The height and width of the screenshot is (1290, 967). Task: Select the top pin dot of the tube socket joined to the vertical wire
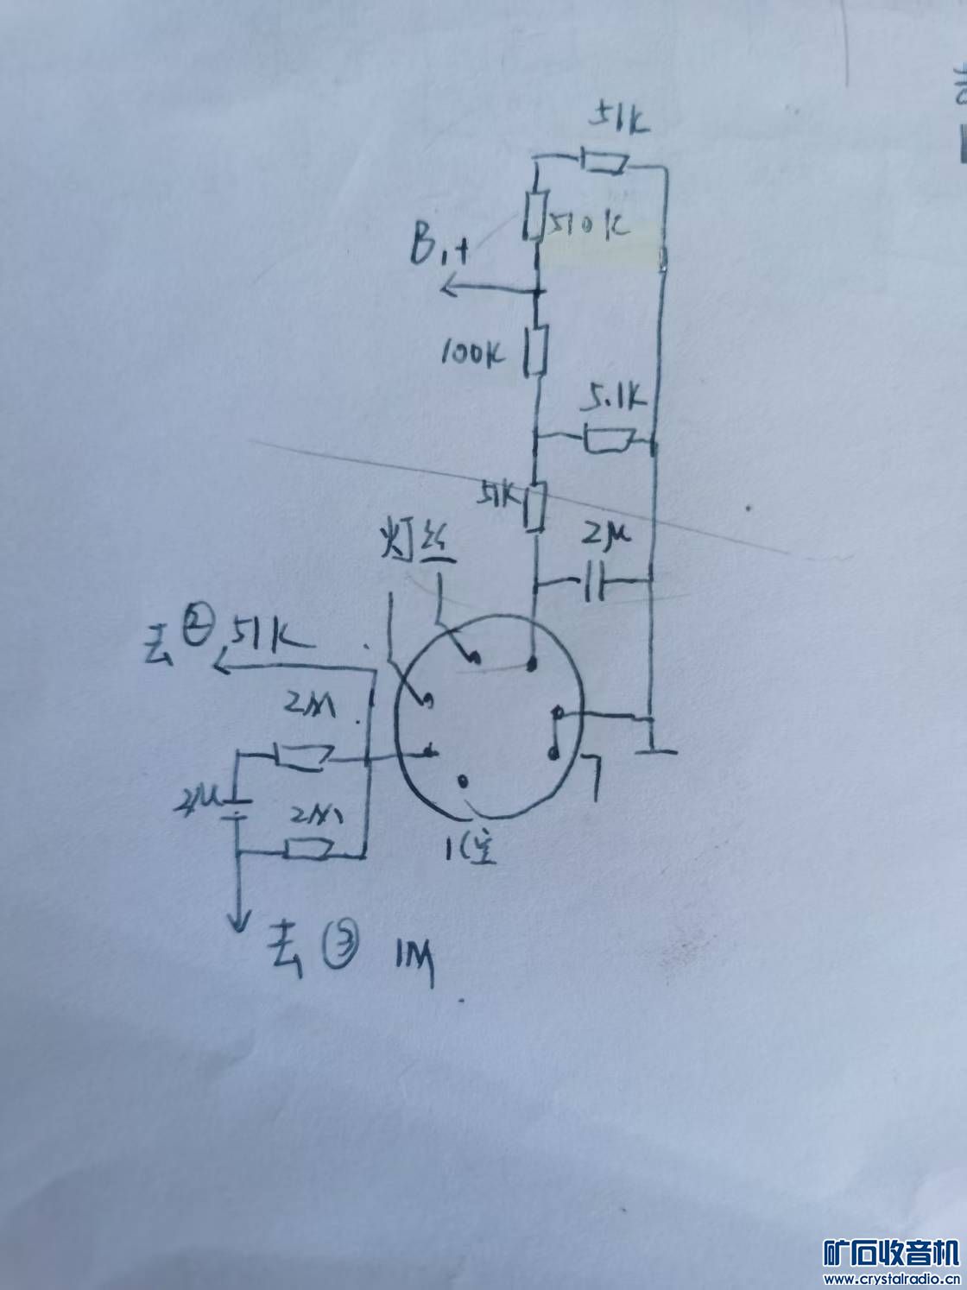point(533,664)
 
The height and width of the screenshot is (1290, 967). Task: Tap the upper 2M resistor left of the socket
point(300,756)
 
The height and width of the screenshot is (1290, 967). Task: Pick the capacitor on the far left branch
point(235,809)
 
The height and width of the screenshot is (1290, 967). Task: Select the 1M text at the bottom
point(414,958)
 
